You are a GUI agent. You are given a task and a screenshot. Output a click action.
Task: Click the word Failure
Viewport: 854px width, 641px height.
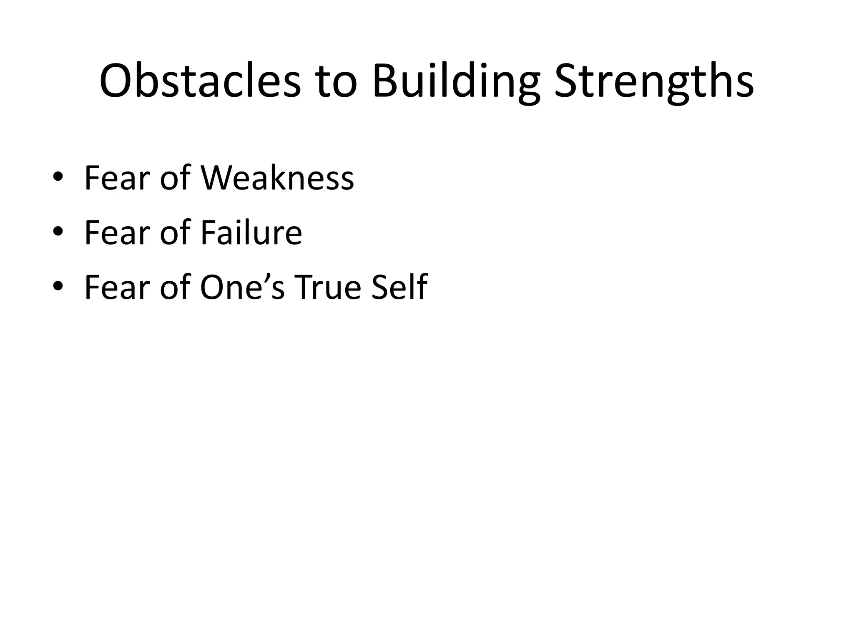click(251, 232)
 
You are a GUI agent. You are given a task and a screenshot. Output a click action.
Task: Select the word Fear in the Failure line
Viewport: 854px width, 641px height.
click(117, 232)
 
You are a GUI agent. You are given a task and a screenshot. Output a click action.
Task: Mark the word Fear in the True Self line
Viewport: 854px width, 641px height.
click(117, 287)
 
